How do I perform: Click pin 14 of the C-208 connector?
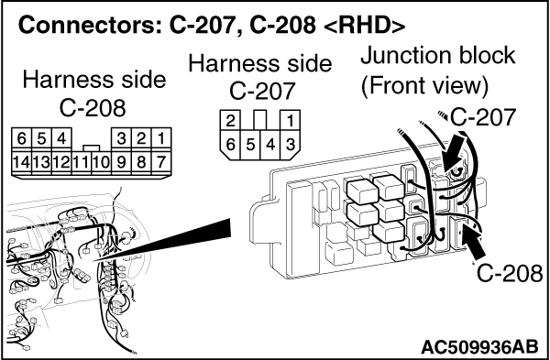tap(21, 163)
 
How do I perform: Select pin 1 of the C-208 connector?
tap(161, 139)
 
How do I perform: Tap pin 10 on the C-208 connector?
tap(102, 163)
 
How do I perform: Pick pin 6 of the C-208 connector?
tap(21, 139)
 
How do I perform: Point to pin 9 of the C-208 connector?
tap(121, 163)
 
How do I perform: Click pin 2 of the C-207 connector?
tap(230, 121)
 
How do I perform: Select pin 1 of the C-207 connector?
tap(290, 121)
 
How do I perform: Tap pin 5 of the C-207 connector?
tap(250, 145)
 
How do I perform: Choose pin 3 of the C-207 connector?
tap(290, 145)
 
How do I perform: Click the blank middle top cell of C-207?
tap(260, 120)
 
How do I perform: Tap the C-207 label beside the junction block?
tap(483, 117)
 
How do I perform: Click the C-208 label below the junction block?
tap(510, 273)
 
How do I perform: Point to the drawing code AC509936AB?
tap(479, 346)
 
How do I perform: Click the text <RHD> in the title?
tap(364, 26)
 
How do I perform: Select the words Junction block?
tap(438, 56)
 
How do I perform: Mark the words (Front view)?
tap(424, 85)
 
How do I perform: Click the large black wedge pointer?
tap(162, 240)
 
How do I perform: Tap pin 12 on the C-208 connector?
tap(61, 163)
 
